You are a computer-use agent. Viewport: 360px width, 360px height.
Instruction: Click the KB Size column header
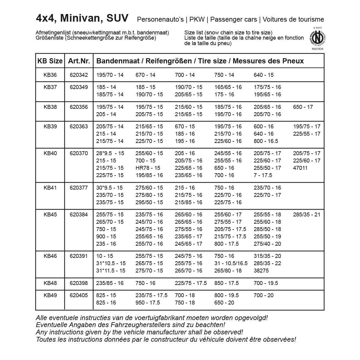coord(50,61)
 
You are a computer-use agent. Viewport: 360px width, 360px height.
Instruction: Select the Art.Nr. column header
coord(79,61)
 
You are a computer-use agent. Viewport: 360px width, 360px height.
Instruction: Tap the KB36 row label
coord(50,75)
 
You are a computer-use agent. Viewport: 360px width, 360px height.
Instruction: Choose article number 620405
coord(79,295)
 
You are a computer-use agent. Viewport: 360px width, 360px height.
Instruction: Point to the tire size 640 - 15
coord(264,75)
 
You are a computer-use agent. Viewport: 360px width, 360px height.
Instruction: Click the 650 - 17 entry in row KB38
coord(303,107)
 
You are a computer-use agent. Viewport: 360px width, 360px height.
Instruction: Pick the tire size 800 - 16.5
coord(266,141)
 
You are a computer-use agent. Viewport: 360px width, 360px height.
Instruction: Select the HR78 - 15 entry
coord(148,168)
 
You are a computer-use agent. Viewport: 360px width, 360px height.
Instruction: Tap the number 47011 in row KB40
coord(300,168)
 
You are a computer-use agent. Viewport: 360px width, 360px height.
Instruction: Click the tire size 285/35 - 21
coord(307,215)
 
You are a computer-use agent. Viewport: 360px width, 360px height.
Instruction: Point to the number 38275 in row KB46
coord(261,271)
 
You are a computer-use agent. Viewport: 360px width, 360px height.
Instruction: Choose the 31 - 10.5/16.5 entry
coord(231,263)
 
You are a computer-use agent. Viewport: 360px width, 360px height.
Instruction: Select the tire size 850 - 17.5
coord(226,283)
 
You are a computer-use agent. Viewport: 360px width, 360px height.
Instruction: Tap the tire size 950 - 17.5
coord(148,303)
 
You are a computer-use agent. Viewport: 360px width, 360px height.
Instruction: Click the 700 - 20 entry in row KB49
coord(264,295)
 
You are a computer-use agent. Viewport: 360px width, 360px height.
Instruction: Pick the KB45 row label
coord(50,215)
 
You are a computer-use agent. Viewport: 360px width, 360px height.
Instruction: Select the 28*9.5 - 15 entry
coord(110,153)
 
